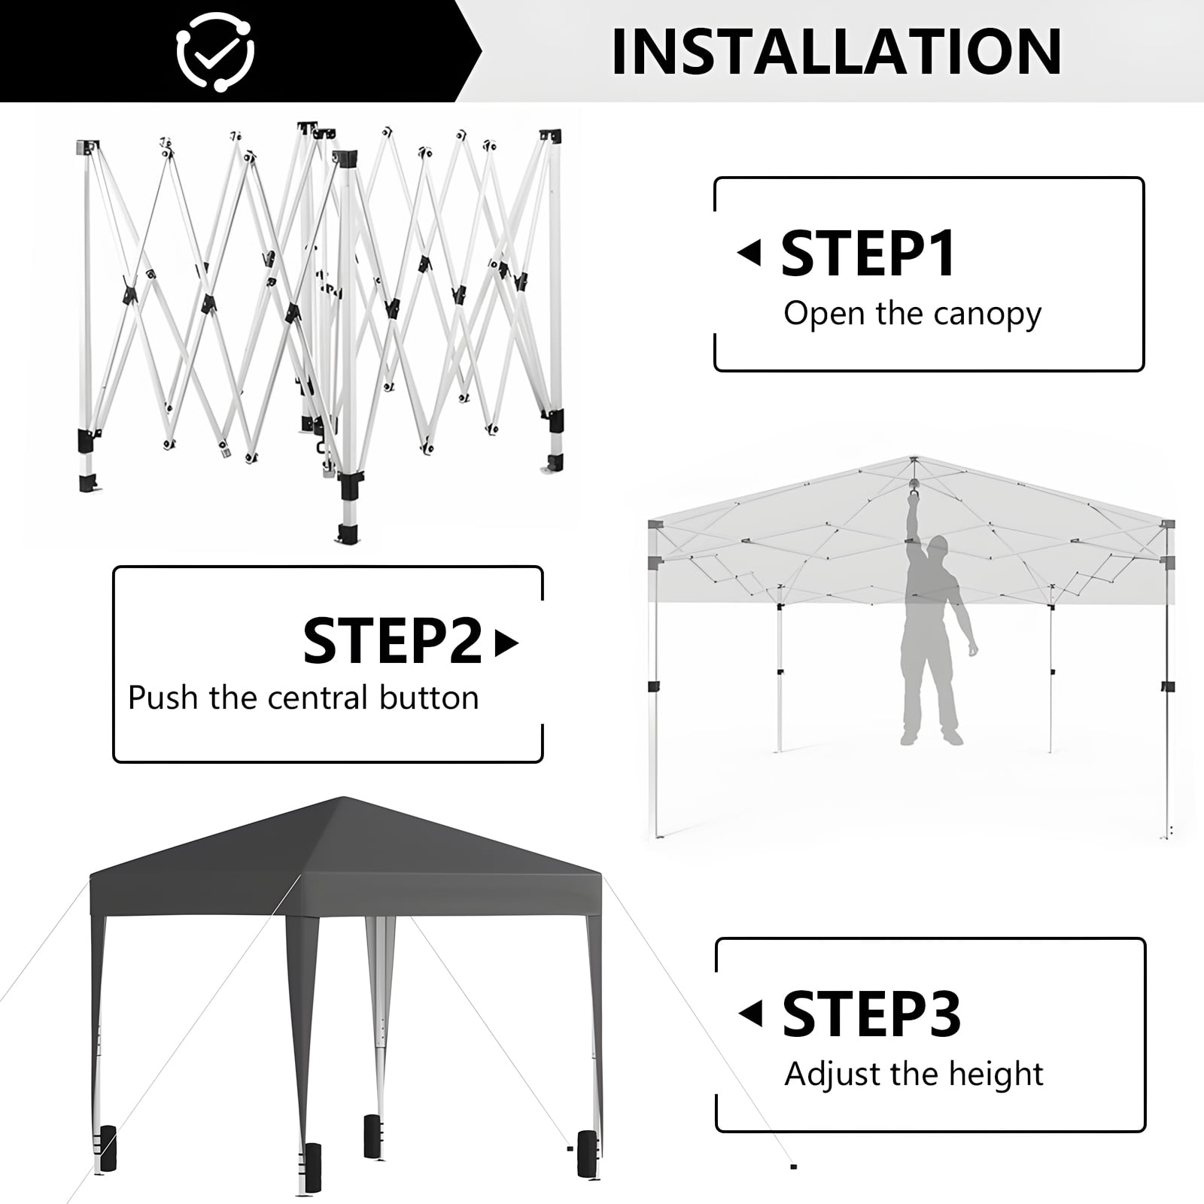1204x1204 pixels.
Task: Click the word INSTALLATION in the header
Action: click(x=836, y=51)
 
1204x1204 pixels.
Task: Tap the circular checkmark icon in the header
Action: click(x=215, y=51)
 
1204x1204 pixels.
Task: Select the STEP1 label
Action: click(x=868, y=254)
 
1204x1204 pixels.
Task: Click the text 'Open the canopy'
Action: click(x=912, y=314)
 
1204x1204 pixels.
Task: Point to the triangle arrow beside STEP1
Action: click(x=749, y=254)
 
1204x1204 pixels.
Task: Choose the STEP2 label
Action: click(x=392, y=641)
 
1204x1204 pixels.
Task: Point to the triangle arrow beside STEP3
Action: click(x=750, y=1014)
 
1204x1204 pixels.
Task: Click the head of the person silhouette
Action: click(x=938, y=547)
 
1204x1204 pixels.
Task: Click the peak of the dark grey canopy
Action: click(x=343, y=797)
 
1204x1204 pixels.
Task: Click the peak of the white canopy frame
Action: click(x=914, y=458)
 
